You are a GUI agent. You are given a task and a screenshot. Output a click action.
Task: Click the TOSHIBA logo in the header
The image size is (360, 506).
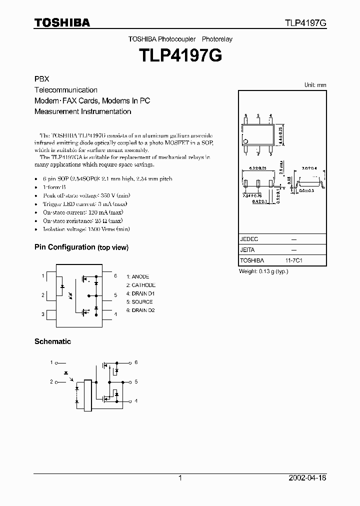coord(62,22)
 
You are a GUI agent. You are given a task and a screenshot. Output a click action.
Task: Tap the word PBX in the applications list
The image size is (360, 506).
coord(41,79)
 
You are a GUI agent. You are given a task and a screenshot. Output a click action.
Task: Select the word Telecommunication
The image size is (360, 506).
coord(65,90)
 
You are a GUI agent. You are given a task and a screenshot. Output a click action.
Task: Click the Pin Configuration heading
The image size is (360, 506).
coord(64,247)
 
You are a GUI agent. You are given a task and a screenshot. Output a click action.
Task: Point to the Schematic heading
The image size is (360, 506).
coord(52,341)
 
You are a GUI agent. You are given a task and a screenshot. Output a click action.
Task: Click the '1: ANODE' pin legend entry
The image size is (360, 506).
coord(137,276)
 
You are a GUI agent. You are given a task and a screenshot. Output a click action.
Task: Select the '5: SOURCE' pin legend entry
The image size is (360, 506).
coord(139,302)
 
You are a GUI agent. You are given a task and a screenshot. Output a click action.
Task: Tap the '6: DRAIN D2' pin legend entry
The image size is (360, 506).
coord(140,310)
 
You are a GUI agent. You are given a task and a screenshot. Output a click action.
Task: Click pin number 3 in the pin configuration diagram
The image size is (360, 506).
coord(43,314)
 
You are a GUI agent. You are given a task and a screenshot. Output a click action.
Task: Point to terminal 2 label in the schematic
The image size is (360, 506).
coord(51,381)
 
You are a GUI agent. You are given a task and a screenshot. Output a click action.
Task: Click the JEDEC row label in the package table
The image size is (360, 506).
coord(249,239)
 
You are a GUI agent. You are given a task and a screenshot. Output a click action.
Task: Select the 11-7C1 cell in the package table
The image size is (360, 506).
coord(294,260)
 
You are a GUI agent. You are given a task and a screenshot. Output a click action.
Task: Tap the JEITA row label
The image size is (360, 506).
coord(248,250)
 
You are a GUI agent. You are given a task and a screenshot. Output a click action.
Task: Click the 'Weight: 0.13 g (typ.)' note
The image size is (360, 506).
coord(263,271)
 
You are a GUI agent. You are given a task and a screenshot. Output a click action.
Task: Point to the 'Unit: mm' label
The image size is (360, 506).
coord(315,85)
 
